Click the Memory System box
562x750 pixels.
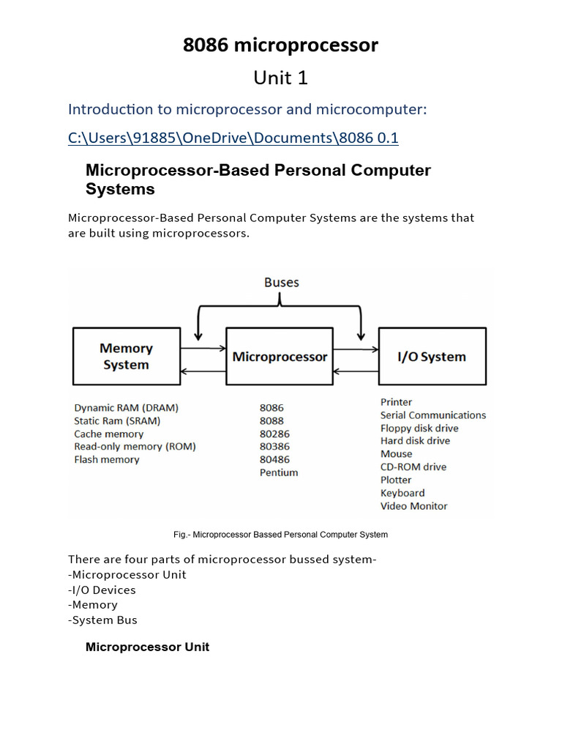(x=126, y=357)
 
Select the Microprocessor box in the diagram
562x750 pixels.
(x=280, y=357)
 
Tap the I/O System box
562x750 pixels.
(x=432, y=357)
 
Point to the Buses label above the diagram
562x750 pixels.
(x=281, y=282)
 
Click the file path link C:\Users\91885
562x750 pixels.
(x=233, y=138)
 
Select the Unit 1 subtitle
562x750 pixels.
(x=280, y=78)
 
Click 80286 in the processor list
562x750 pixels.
(x=274, y=434)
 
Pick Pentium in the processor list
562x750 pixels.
(x=279, y=472)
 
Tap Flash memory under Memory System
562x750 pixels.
(x=107, y=459)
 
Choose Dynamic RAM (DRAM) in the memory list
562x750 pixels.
(x=126, y=407)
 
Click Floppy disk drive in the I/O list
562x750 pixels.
(x=419, y=428)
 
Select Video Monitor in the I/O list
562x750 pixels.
(x=413, y=506)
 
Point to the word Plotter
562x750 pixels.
(x=396, y=480)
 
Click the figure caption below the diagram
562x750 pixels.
(x=280, y=535)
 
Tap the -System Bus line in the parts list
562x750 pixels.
(x=102, y=620)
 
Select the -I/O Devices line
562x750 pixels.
(x=102, y=590)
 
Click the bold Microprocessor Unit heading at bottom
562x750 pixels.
(x=147, y=647)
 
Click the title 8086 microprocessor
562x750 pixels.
(x=280, y=45)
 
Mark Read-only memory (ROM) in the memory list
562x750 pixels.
(x=135, y=446)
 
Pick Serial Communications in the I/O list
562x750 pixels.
(x=432, y=415)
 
